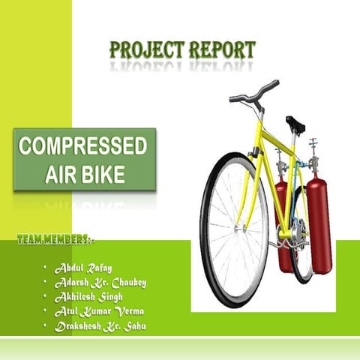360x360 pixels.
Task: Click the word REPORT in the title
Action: pos(220,51)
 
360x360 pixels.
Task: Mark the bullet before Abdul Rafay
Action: pos(45,268)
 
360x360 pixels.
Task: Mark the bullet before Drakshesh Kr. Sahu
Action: pos(45,326)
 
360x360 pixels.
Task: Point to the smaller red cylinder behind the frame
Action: pos(283,225)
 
